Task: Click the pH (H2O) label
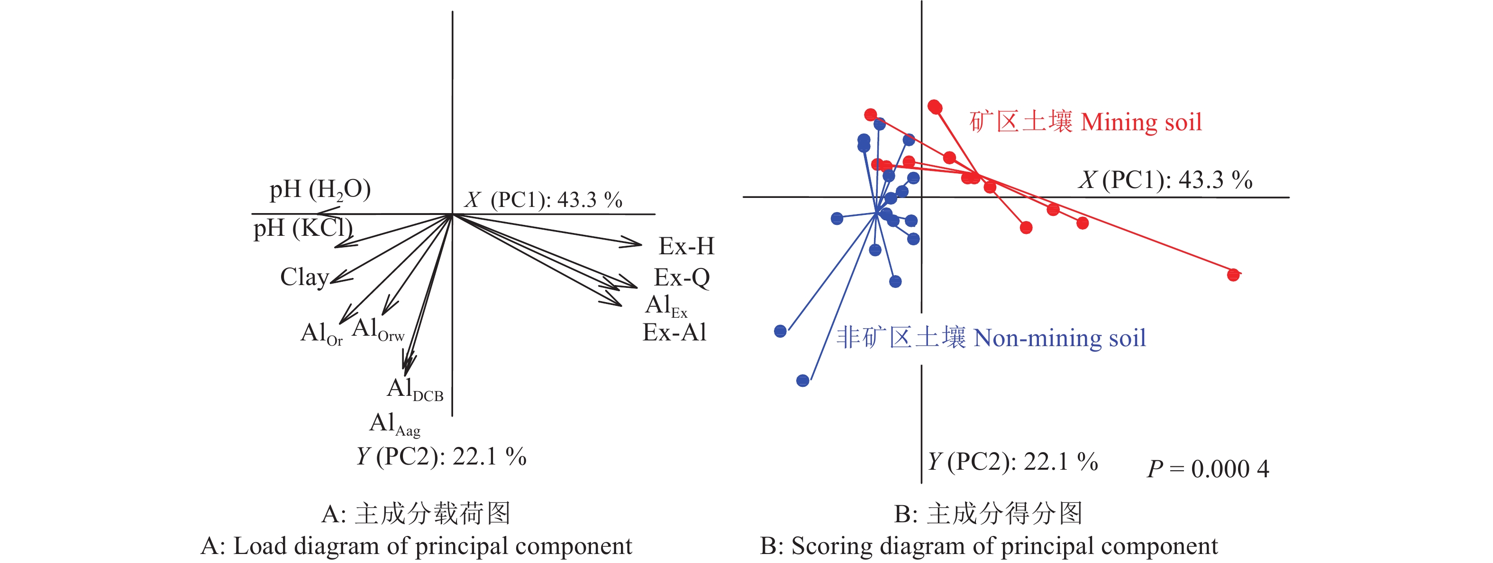click(320, 190)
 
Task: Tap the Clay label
click(304, 277)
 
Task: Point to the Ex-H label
click(686, 247)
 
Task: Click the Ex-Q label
click(682, 278)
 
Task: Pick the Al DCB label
click(414, 390)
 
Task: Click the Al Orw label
click(377, 330)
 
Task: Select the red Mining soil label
click(1085, 122)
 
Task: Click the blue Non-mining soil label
click(991, 338)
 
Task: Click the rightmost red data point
click(1233, 275)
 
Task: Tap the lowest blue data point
click(803, 381)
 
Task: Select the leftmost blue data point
click(780, 331)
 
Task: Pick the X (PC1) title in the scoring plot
click(1165, 180)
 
